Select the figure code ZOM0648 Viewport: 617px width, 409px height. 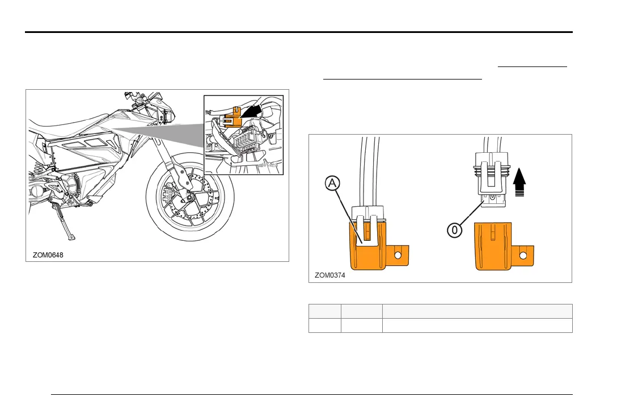(48, 255)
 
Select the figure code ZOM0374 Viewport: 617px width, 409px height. (330, 276)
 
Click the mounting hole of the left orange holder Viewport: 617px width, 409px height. (398, 256)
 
